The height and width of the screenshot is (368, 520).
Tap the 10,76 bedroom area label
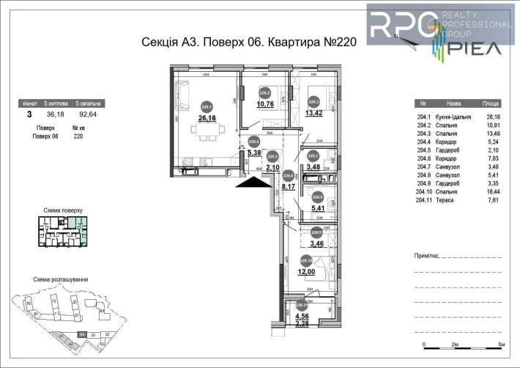[264, 103]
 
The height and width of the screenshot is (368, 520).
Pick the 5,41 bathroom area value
[318, 208]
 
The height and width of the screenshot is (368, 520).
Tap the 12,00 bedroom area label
[306, 271]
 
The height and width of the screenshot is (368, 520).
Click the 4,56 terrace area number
[302, 316]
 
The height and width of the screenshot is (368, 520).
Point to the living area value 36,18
[54, 114]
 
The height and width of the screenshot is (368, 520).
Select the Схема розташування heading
[62, 279]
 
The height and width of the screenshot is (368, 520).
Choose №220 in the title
[340, 42]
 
